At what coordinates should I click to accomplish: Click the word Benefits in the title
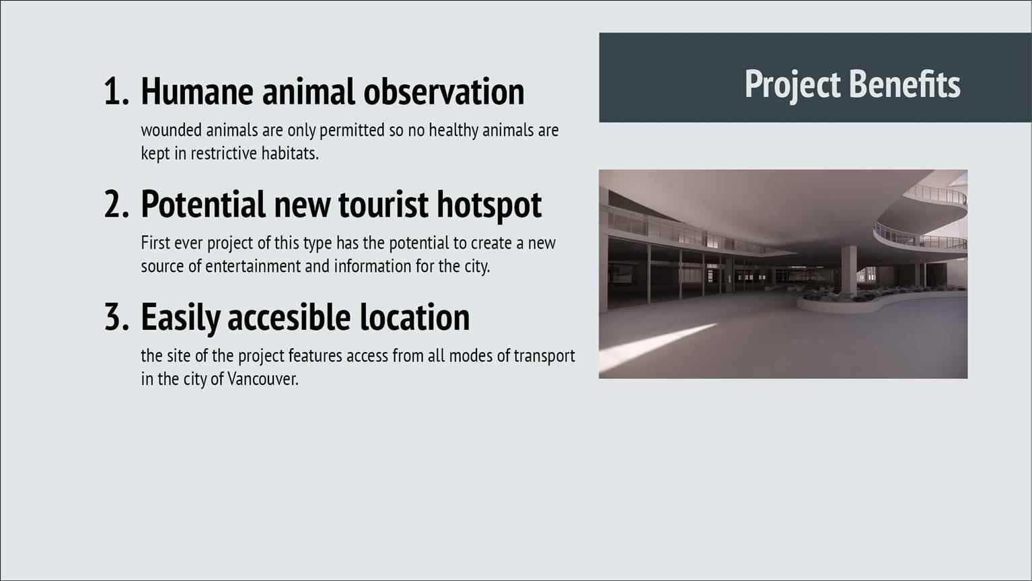tap(906, 84)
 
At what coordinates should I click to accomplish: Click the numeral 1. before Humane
tap(116, 92)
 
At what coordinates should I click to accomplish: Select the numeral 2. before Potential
tap(116, 204)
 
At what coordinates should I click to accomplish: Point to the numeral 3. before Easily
tap(116, 317)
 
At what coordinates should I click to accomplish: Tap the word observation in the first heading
tap(443, 92)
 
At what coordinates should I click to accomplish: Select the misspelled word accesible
tap(289, 317)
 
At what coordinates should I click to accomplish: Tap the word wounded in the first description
tap(172, 130)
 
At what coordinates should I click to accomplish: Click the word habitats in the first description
tap(290, 153)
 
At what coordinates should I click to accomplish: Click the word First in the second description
tap(155, 243)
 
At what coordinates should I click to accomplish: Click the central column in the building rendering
tap(849, 271)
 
